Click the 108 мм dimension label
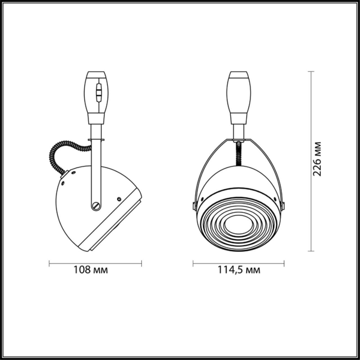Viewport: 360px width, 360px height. pyautogui.click(x=91, y=270)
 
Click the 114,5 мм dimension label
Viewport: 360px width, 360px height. pyautogui.click(x=239, y=270)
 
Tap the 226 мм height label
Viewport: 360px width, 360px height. pyautogui.click(x=317, y=159)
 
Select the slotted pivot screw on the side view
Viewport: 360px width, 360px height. pyautogui.click(x=96, y=206)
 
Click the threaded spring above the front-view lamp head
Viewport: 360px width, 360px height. pyautogui.click(x=239, y=154)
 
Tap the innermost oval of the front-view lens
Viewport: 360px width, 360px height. pyautogui.click(x=239, y=225)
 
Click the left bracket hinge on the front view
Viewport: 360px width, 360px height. pyautogui.click(x=194, y=206)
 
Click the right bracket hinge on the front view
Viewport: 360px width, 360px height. pyautogui.click(x=283, y=206)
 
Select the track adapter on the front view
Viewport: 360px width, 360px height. pyautogui.click(x=239, y=98)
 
